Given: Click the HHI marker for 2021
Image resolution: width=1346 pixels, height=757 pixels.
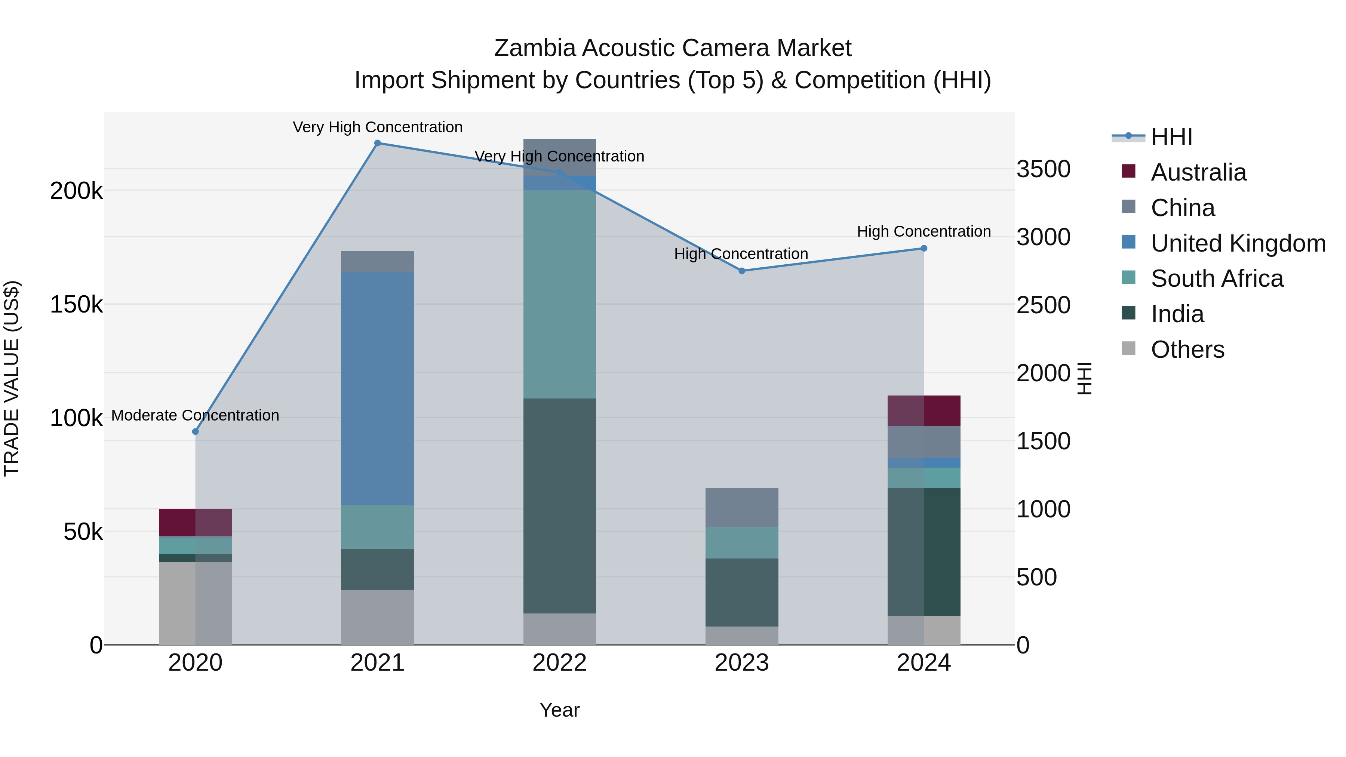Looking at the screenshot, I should (377, 143).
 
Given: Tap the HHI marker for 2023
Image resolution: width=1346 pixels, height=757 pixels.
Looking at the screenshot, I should (741, 271).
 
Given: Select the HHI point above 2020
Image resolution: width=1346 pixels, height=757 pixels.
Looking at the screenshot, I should (196, 431).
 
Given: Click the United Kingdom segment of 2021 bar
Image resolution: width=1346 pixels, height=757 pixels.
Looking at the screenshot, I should (377, 388).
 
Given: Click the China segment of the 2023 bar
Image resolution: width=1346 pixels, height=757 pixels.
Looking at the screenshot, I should (741, 507).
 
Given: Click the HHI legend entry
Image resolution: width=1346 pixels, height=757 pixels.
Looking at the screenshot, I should (1171, 137).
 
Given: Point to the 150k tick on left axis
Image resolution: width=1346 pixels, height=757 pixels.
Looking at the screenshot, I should (76, 304).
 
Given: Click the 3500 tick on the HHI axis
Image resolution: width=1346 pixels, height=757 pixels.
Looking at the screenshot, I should (1043, 169).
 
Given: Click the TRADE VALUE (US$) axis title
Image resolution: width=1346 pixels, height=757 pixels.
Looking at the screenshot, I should (12, 378).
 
